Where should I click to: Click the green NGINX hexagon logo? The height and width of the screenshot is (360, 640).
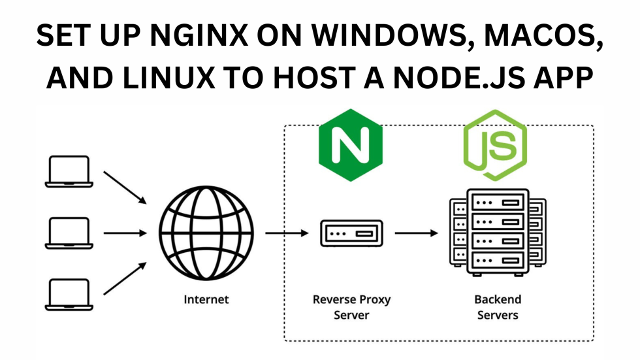(x=351, y=145)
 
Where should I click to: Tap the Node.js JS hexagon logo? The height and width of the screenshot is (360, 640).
(x=494, y=145)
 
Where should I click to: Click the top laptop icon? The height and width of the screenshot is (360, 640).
(x=69, y=172)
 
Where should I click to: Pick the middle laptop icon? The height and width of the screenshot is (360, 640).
(x=69, y=233)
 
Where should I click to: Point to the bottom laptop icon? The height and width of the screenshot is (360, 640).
(x=69, y=295)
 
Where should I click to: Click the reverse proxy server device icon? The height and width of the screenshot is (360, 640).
(x=351, y=233)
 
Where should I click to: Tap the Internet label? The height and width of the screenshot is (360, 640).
(x=206, y=300)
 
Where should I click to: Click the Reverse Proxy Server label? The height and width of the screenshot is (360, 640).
(x=351, y=307)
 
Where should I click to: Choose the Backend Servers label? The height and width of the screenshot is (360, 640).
(x=498, y=307)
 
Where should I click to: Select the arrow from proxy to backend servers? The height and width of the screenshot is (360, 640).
(x=416, y=233)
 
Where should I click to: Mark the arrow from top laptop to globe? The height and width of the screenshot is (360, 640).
(x=125, y=188)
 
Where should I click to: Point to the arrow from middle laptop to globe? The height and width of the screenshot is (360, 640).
(x=125, y=233)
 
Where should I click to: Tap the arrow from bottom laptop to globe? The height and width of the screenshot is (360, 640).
(x=125, y=278)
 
